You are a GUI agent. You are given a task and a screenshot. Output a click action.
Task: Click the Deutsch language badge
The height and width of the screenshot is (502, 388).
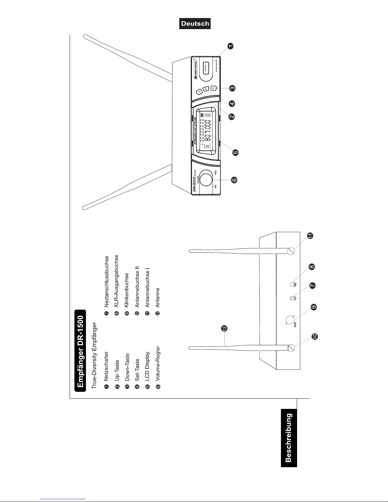tap(195, 24)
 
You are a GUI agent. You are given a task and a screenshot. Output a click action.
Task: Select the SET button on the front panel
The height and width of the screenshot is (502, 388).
tap(206, 89)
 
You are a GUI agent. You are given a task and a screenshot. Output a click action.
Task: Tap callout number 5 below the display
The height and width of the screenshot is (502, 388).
tap(235, 152)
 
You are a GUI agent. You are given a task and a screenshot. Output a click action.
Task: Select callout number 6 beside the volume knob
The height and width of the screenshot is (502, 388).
tap(234, 180)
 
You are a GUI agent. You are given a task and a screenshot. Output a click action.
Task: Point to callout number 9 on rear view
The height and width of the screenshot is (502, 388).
tap(313, 307)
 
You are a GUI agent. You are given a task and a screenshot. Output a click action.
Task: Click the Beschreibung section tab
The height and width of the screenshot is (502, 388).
tap(289, 437)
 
